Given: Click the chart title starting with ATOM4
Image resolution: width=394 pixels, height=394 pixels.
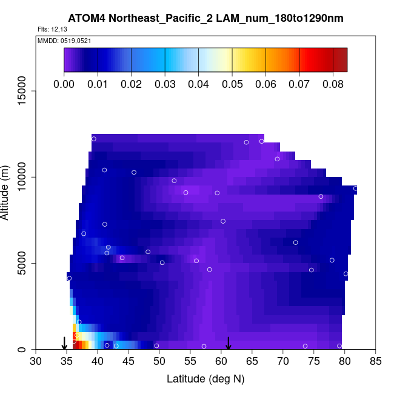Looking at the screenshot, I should click(206, 19).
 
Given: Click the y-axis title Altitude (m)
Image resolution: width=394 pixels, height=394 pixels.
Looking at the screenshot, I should click(7, 192).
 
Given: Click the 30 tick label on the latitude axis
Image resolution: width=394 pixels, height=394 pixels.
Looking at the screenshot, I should click(36, 362).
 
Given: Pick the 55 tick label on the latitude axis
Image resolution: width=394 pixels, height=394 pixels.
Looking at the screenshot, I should click(190, 362).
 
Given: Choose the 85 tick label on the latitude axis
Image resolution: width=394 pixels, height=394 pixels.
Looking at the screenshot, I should click(376, 362).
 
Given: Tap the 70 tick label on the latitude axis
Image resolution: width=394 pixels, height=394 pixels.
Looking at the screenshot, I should click(283, 362).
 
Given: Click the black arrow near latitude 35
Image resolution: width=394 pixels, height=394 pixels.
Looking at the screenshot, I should click(65, 343).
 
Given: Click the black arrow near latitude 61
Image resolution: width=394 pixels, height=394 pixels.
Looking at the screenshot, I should click(228, 343).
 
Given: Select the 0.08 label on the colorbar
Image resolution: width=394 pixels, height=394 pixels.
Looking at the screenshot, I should click(332, 84).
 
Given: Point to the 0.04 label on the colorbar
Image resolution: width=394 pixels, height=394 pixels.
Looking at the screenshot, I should click(198, 84).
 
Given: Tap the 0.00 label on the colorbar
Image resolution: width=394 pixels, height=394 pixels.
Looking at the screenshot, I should click(64, 84).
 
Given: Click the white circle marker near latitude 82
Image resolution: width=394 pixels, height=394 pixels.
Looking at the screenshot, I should click(356, 189).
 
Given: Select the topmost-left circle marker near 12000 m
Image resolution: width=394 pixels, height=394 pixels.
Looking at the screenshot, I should click(94, 139).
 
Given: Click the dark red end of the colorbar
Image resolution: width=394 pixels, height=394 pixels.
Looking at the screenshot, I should click(342, 60).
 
